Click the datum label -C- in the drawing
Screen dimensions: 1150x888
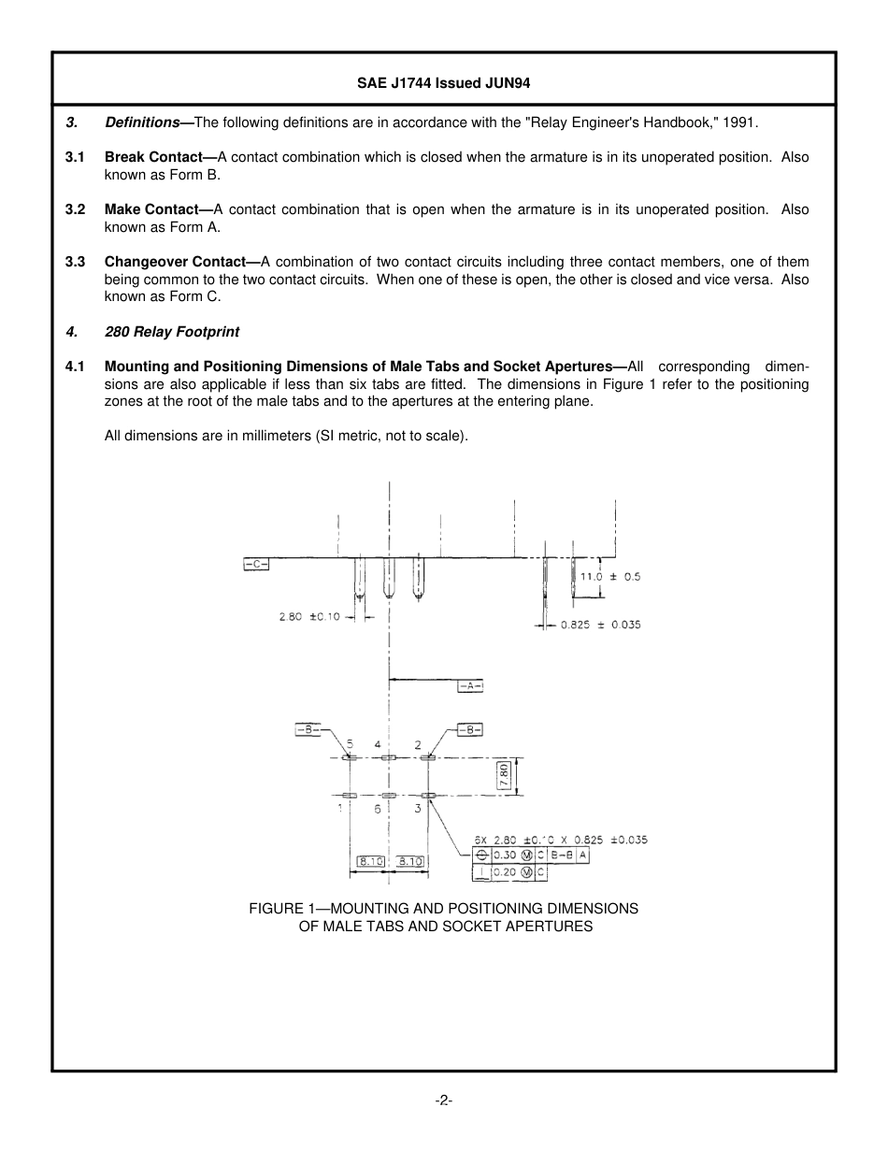point(256,564)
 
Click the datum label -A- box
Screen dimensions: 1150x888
point(470,686)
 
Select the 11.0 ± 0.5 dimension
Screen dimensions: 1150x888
point(610,577)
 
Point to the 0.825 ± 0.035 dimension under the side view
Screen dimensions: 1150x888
point(600,625)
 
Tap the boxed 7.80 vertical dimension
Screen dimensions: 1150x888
point(504,776)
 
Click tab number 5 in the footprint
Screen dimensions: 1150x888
point(351,744)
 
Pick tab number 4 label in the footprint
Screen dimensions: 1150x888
point(378,744)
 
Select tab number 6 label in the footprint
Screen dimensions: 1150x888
point(378,809)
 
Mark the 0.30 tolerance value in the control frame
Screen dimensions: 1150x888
point(505,855)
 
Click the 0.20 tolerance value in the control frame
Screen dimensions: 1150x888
point(505,872)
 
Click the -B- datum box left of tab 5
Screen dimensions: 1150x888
point(308,729)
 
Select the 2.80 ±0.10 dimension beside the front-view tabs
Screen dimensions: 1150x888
point(309,616)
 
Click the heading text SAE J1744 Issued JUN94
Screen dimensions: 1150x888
point(443,83)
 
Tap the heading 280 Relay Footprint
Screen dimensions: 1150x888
point(172,331)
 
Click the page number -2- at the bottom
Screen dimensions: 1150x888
point(443,1100)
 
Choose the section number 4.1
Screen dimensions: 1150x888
point(76,367)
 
